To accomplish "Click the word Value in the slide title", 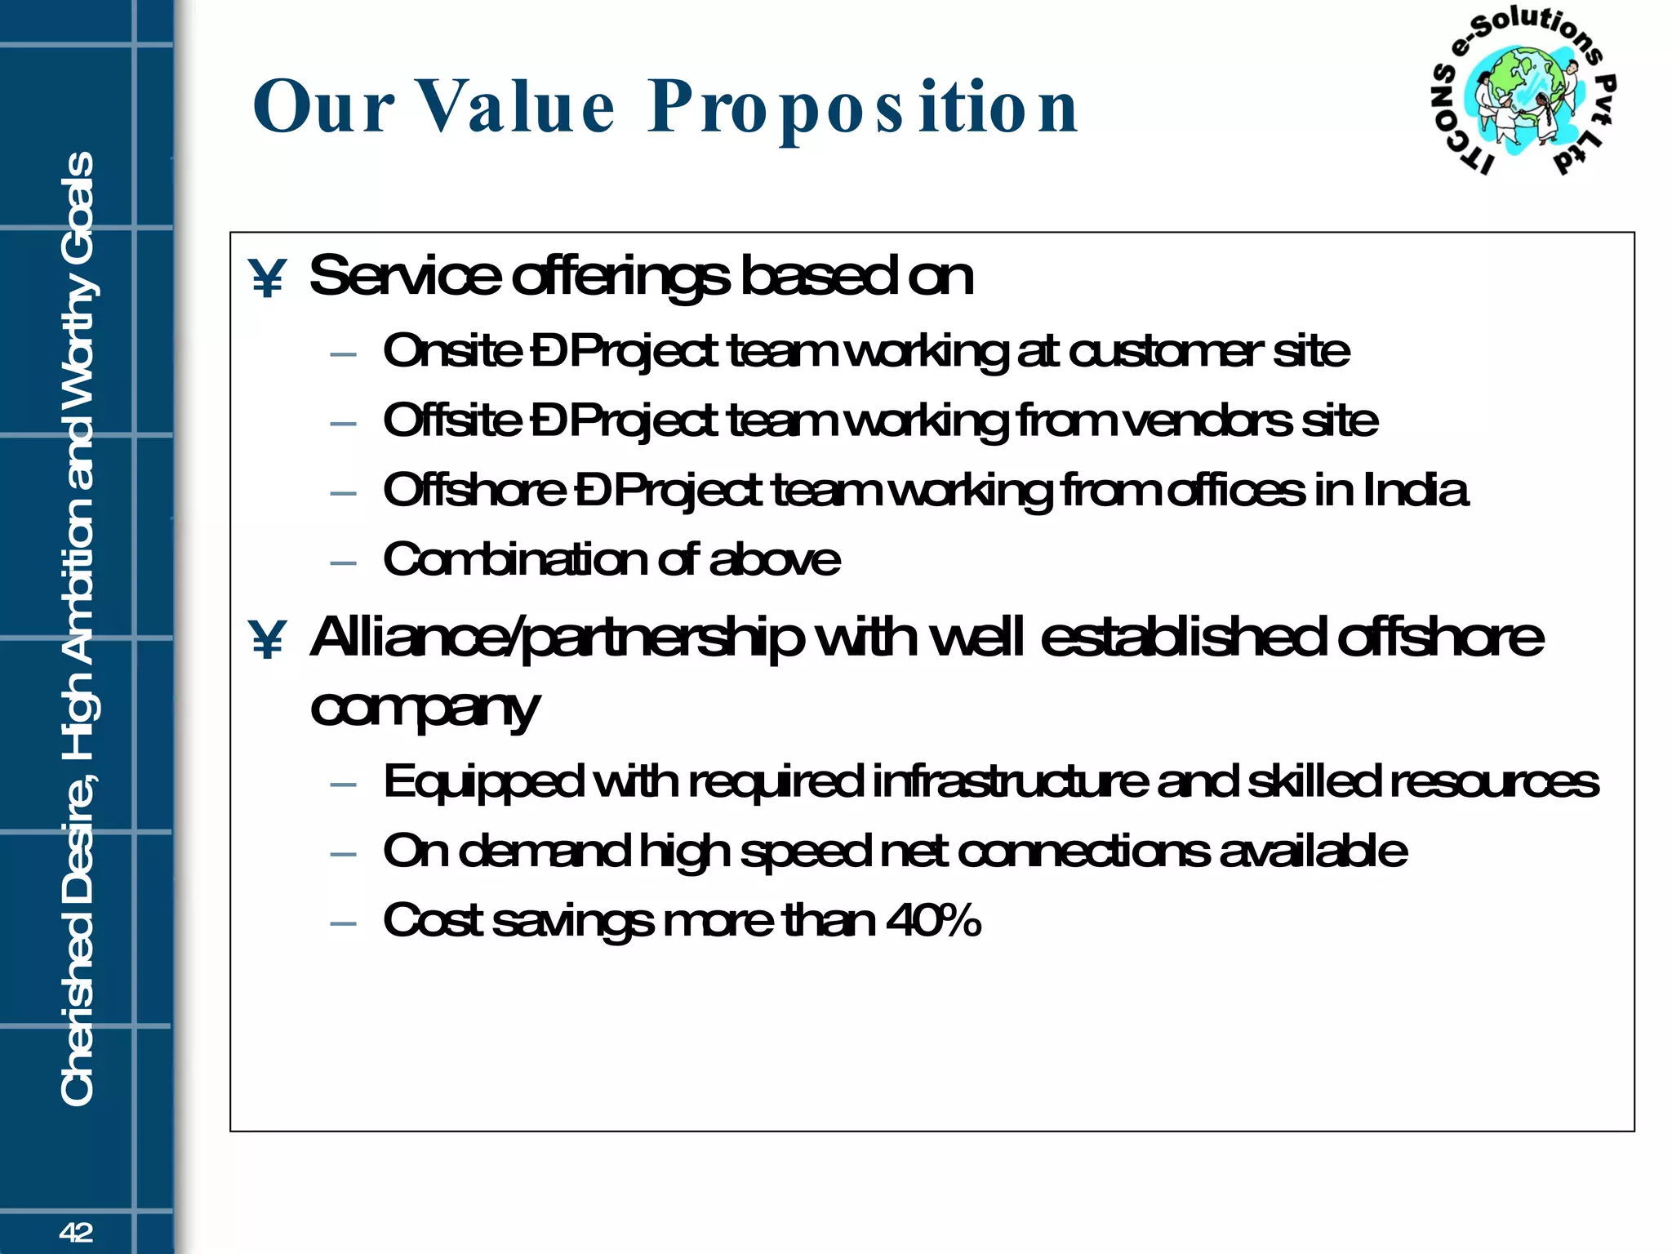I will pyautogui.click(x=516, y=107).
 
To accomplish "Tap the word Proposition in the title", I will pyautogui.click(x=863, y=109).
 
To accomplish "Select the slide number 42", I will pyautogui.click(x=76, y=1232).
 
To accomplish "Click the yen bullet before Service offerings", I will pyautogui.click(x=267, y=278).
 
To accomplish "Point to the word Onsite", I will pyautogui.click(x=452, y=351).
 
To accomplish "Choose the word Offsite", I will pyautogui.click(x=452, y=420).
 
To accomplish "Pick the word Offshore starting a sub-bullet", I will pyautogui.click(x=474, y=490).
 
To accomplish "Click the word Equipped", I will pyautogui.click(x=483, y=782).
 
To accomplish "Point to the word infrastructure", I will pyautogui.click(x=1010, y=780).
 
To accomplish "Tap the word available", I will pyautogui.click(x=1313, y=851).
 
